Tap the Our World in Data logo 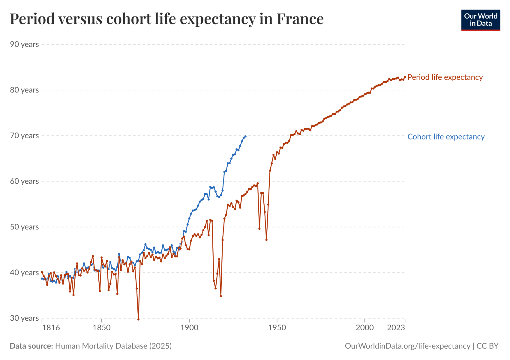click(481, 20)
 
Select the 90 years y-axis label click(25, 44)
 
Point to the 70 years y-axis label click(25, 136)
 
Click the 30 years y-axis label click(25, 318)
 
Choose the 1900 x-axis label click(189, 328)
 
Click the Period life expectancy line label click(445, 77)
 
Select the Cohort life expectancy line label click(446, 137)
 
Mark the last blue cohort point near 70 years click(245, 136)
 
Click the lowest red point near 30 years click(138, 319)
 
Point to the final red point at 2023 click(405, 77)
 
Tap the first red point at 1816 click(42, 272)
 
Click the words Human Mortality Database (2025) click(113, 346)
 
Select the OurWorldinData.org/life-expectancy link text click(407, 346)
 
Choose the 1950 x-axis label click(277, 328)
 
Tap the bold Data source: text click(31, 346)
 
